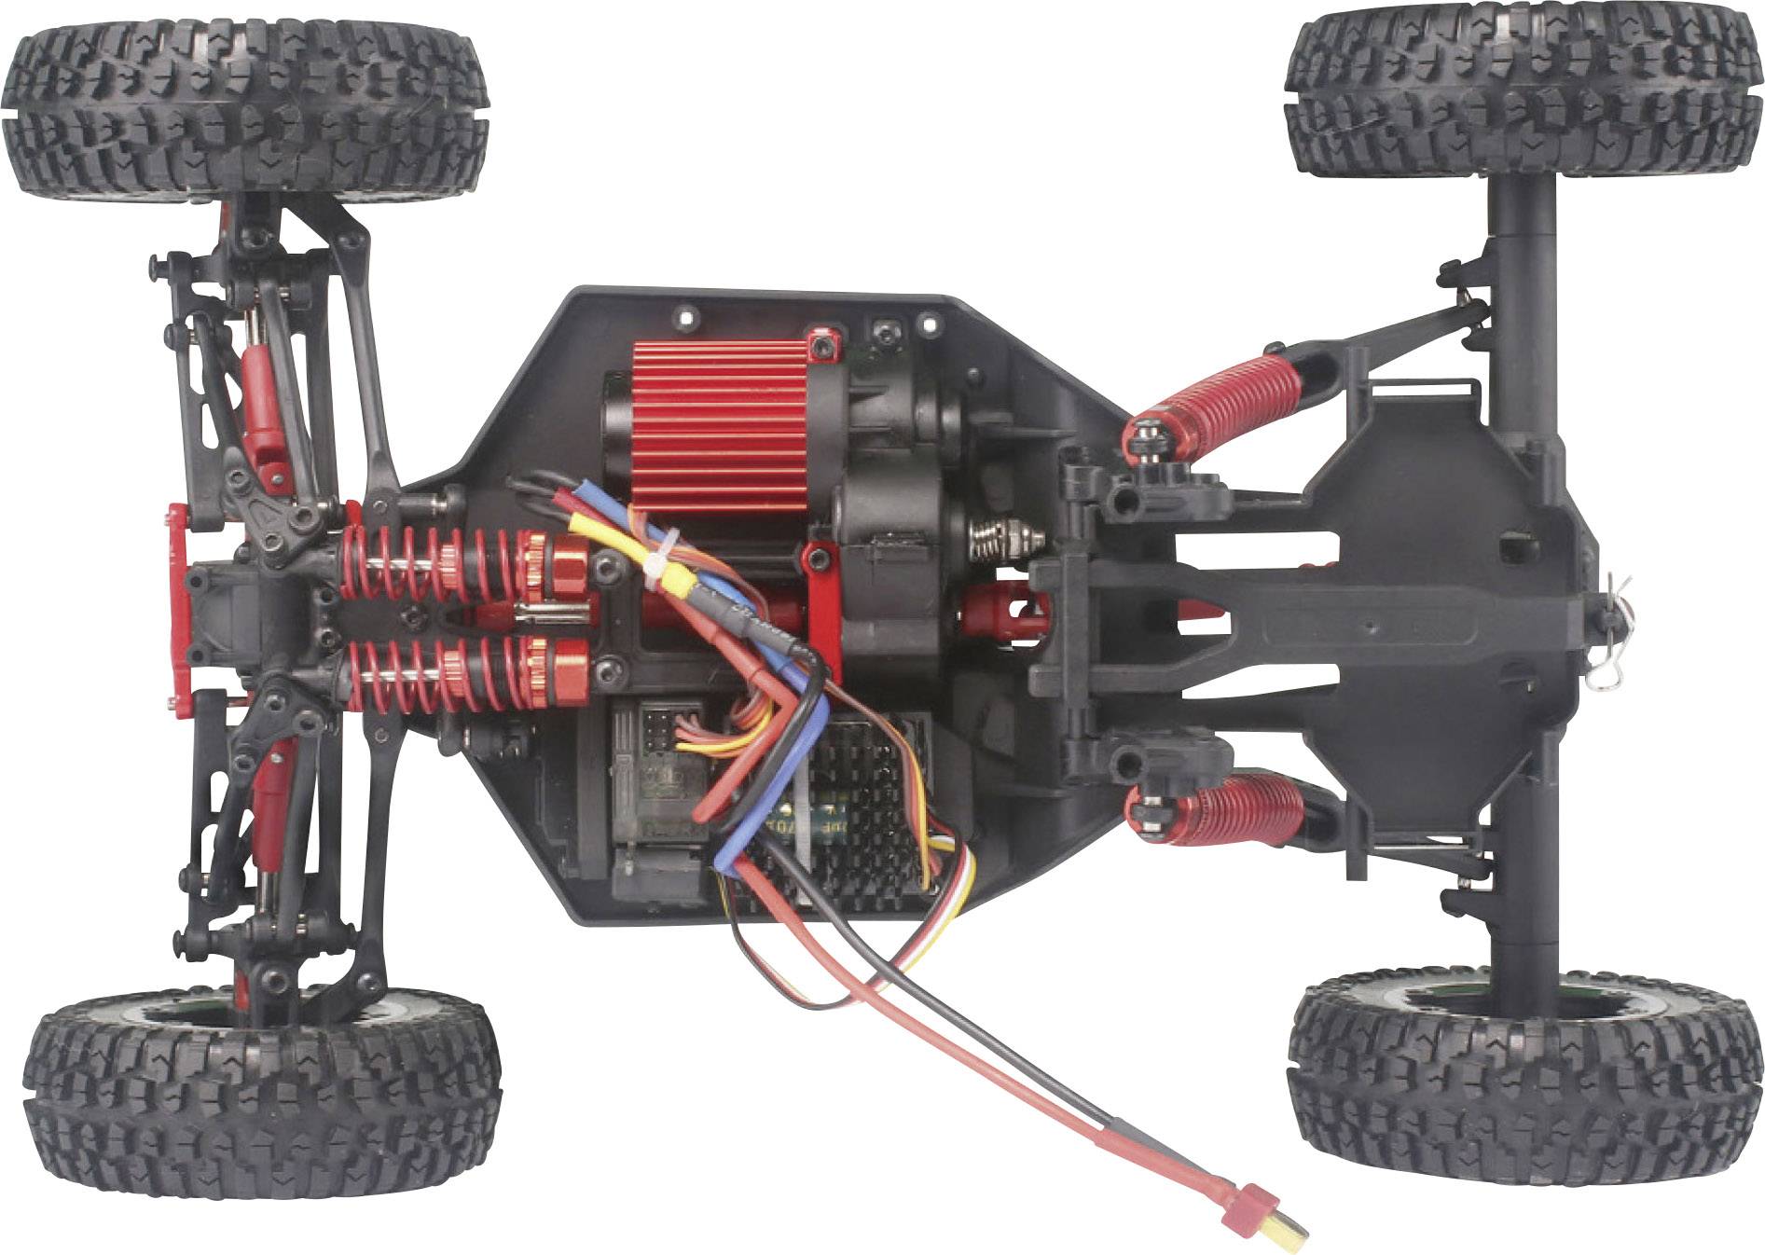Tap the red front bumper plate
click(178, 606)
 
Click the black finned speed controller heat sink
click(862, 802)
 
